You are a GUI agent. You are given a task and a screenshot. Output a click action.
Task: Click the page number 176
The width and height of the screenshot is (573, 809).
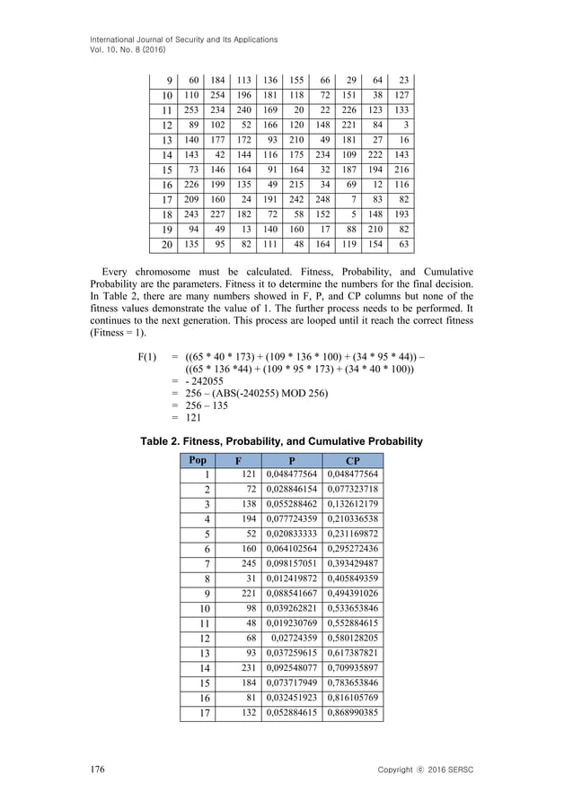pos(97,770)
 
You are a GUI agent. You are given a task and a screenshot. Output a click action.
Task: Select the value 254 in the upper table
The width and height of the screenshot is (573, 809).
pos(212,95)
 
